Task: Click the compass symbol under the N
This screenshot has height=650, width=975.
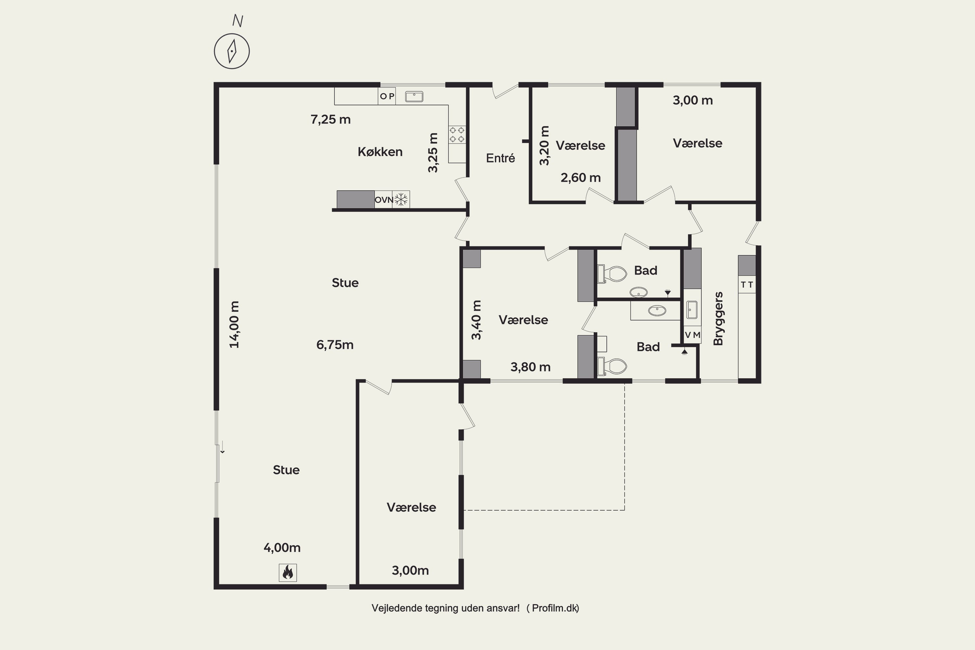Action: [x=232, y=51]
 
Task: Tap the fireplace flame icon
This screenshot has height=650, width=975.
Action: [x=287, y=572]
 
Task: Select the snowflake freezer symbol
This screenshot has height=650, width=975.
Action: [x=401, y=200]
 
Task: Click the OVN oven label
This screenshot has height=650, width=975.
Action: [x=384, y=200]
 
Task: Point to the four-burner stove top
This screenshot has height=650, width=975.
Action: [x=457, y=134]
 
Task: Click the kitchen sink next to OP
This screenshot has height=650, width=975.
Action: [x=414, y=96]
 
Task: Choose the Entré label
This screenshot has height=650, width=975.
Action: [x=500, y=158]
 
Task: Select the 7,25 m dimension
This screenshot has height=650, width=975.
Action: [x=331, y=119]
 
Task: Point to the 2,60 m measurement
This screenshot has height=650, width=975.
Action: [x=580, y=178]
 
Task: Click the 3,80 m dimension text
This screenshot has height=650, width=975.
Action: [x=530, y=367]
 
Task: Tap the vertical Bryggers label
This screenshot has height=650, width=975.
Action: [x=718, y=318]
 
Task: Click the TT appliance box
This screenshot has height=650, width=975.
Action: [x=747, y=284]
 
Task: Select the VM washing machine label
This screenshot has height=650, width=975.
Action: [x=692, y=334]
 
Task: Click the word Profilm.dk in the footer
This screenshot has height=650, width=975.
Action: [x=555, y=608]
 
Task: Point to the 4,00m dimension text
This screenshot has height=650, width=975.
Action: [x=282, y=548]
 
